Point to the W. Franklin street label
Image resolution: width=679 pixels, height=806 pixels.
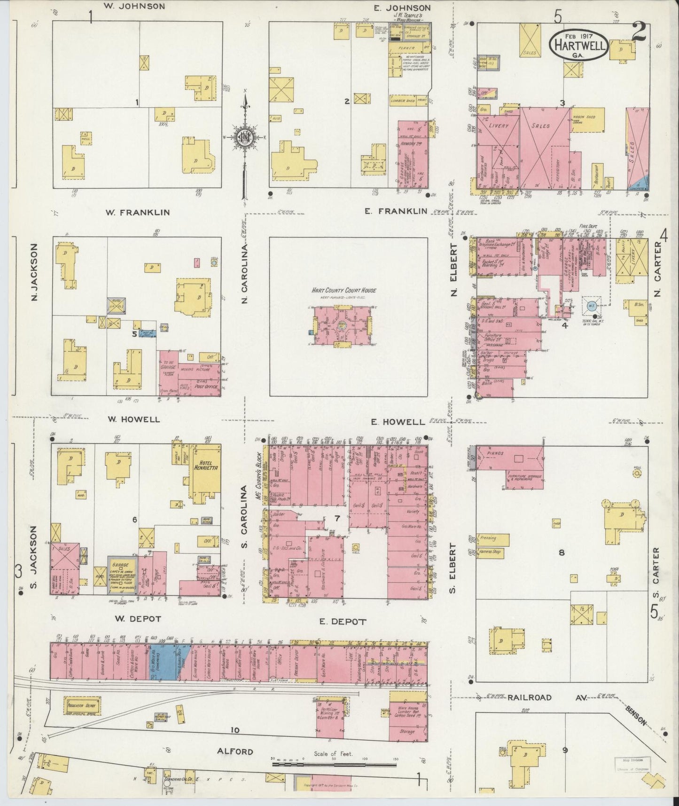pyautogui.click(x=137, y=213)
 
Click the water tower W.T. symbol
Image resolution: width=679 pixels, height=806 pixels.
pyautogui.click(x=590, y=305)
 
